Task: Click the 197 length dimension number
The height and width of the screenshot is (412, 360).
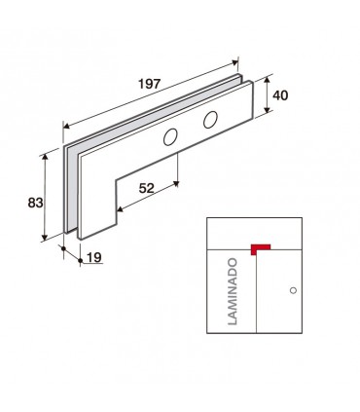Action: pyautogui.click(x=150, y=84)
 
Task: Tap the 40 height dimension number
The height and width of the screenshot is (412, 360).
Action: pyautogui.click(x=280, y=95)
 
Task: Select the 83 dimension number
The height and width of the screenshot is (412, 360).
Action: pyautogui.click(x=35, y=203)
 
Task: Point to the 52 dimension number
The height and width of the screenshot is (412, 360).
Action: pyautogui.click(x=146, y=188)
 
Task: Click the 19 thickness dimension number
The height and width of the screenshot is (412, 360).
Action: pyautogui.click(x=94, y=258)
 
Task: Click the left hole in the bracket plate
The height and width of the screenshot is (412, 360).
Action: pyautogui.click(x=170, y=137)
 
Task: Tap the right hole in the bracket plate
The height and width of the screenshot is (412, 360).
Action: pyautogui.click(x=210, y=120)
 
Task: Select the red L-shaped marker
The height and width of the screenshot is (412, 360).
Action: pyautogui.click(x=261, y=249)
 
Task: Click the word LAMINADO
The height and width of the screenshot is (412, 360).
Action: pyautogui.click(x=233, y=291)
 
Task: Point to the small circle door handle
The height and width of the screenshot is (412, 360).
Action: pyautogui.click(x=293, y=290)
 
